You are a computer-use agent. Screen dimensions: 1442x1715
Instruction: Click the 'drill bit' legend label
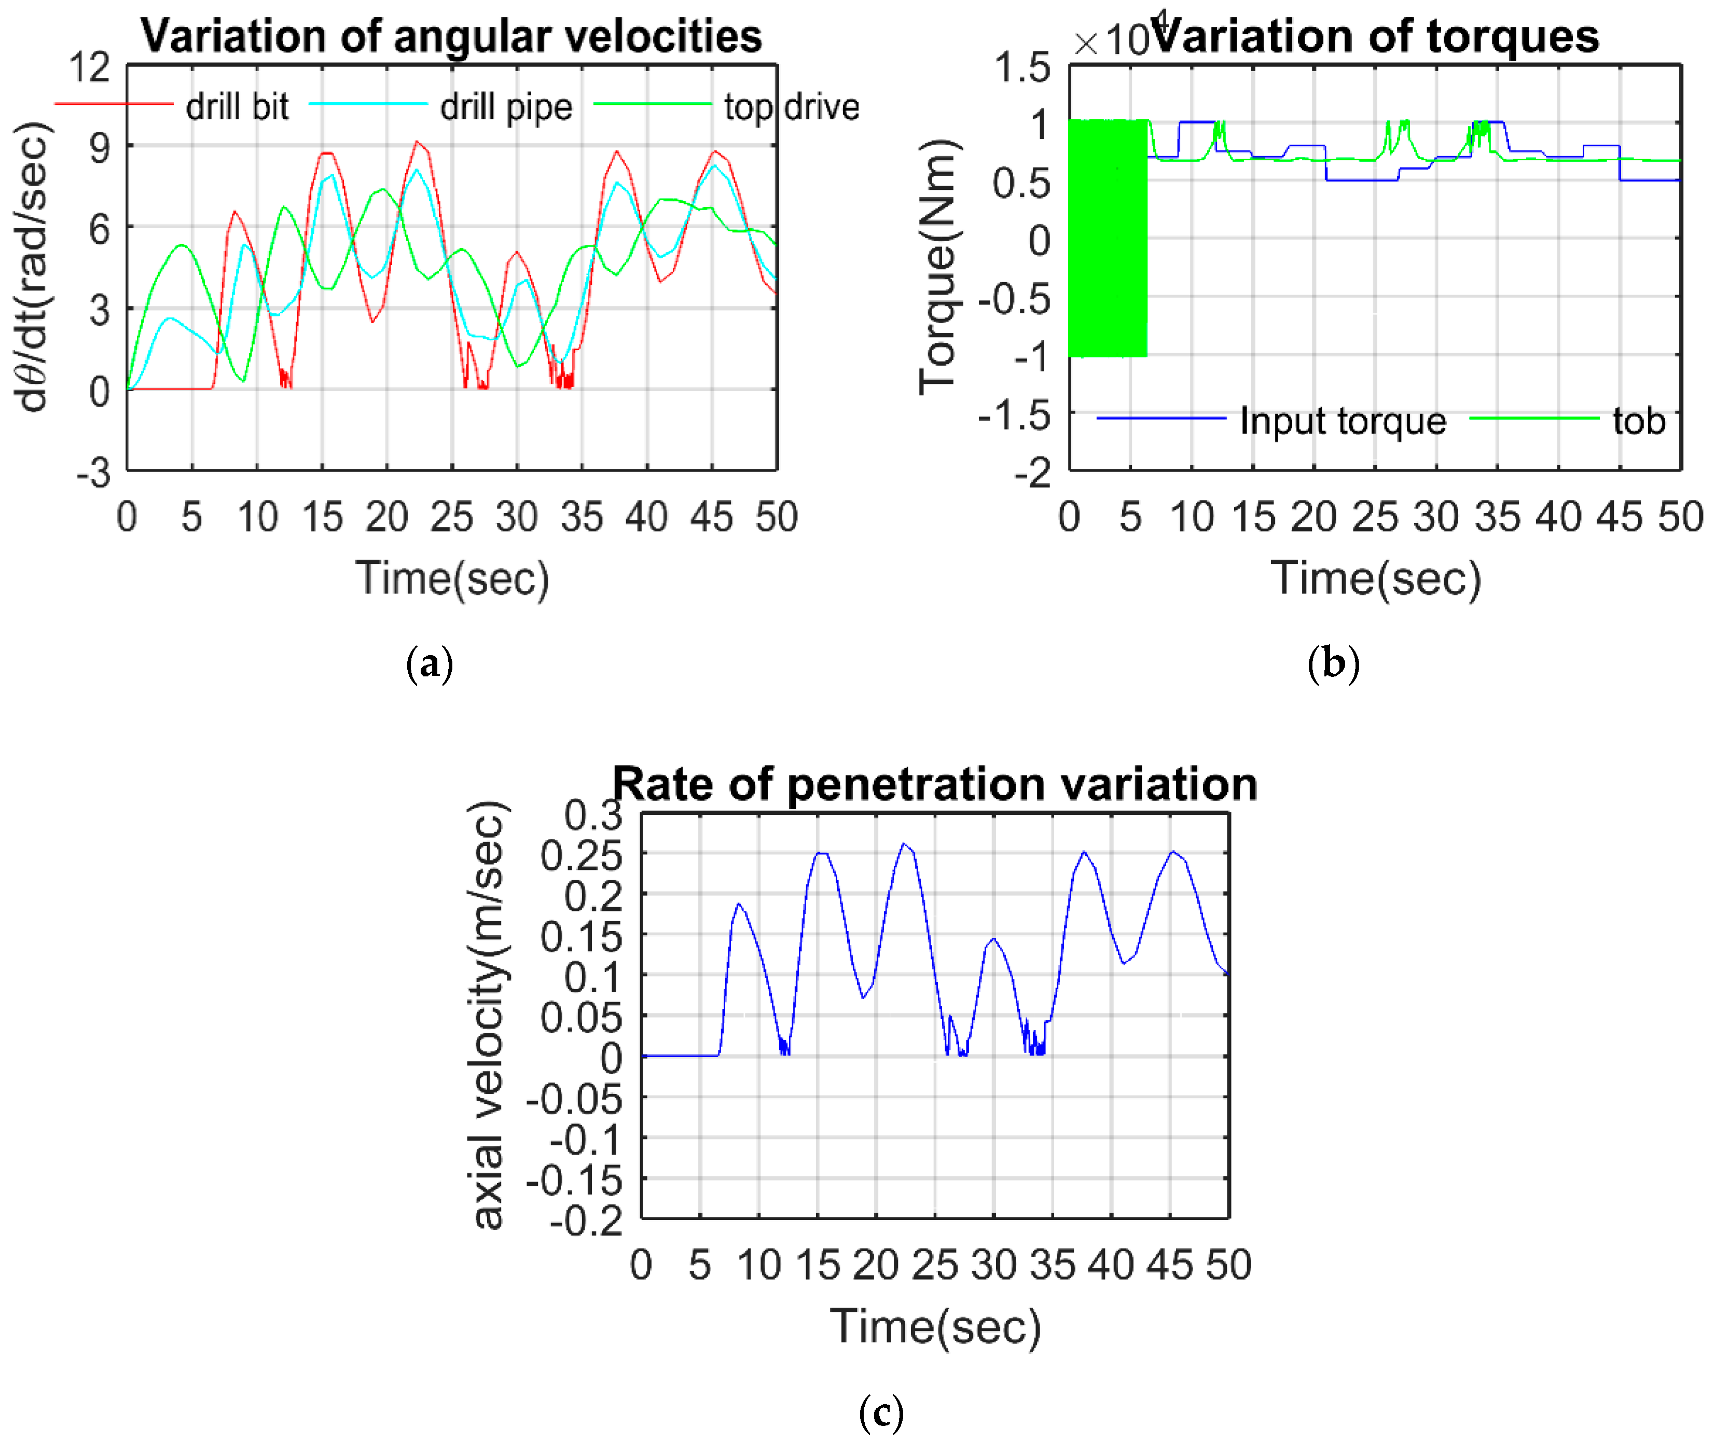point(237,107)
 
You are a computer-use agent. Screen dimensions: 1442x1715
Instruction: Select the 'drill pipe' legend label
point(506,107)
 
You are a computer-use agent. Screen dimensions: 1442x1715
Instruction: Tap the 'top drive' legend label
point(791,107)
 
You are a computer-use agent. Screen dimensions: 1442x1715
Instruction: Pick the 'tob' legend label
point(1639,421)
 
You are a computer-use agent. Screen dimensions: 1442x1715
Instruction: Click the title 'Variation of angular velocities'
point(451,37)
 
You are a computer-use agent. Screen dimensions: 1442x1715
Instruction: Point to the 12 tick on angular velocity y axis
point(89,67)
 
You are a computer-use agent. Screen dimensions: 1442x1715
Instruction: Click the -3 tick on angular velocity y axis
point(94,473)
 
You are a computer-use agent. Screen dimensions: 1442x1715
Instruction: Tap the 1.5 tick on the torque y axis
point(1022,67)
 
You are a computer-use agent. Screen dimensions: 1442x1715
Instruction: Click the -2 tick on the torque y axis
point(1032,473)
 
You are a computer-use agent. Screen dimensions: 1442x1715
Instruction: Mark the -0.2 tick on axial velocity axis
point(585,1221)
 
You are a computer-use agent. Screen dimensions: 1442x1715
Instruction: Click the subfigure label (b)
point(1333,663)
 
